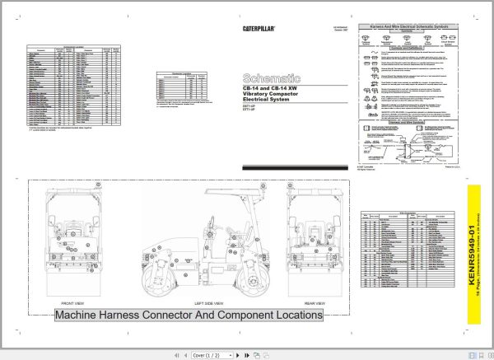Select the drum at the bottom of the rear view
[x=316, y=278]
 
